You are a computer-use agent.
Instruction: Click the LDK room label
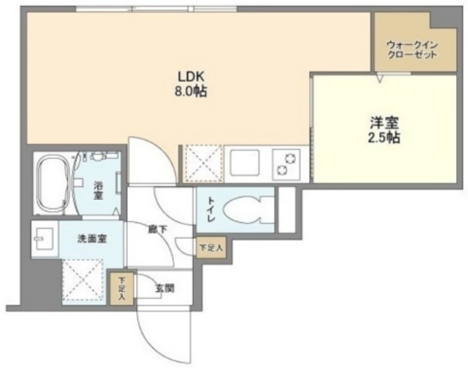(191, 77)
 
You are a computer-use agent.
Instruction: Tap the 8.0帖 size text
(191, 91)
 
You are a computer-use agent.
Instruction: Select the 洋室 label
(384, 122)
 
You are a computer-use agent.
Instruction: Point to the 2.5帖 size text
(384, 138)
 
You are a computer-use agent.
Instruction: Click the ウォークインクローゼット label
(412, 50)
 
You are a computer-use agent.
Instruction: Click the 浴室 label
(98, 190)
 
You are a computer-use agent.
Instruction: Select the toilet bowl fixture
(249, 210)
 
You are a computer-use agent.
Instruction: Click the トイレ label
(211, 210)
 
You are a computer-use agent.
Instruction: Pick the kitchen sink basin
(245, 162)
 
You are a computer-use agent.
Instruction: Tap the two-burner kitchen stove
(287, 164)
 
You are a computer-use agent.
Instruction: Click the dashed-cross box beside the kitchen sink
(204, 164)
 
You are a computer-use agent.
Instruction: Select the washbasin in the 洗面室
(44, 239)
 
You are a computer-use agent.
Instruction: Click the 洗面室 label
(92, 239)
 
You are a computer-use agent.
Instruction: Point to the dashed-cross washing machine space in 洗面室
(83, 280)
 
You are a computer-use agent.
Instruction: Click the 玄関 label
(165, 289)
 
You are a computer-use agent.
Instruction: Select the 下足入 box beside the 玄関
(121, 289)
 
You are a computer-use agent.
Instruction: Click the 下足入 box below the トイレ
(211, 247)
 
